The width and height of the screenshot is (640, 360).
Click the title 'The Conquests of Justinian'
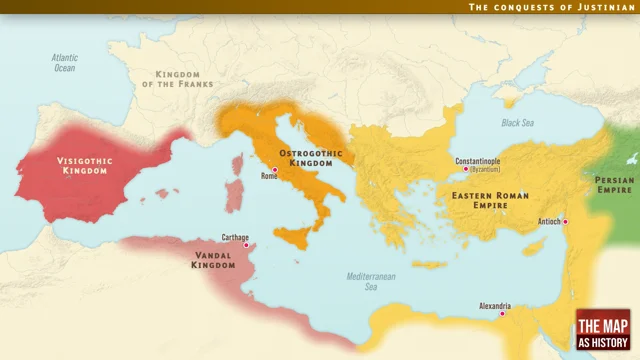pos(551,7)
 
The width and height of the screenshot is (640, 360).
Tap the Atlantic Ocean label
pos(64,63)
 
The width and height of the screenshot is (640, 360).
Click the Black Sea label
pos(517,122)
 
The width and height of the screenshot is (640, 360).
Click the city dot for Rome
pos(274,170)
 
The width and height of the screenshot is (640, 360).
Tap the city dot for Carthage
pos(247,244)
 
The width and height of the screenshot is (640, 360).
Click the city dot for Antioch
pos(565,221)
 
